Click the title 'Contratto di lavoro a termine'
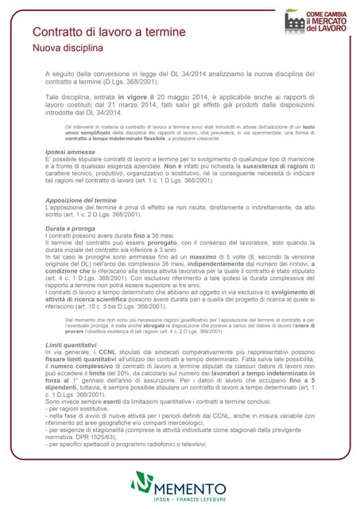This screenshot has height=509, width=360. [109, 33]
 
